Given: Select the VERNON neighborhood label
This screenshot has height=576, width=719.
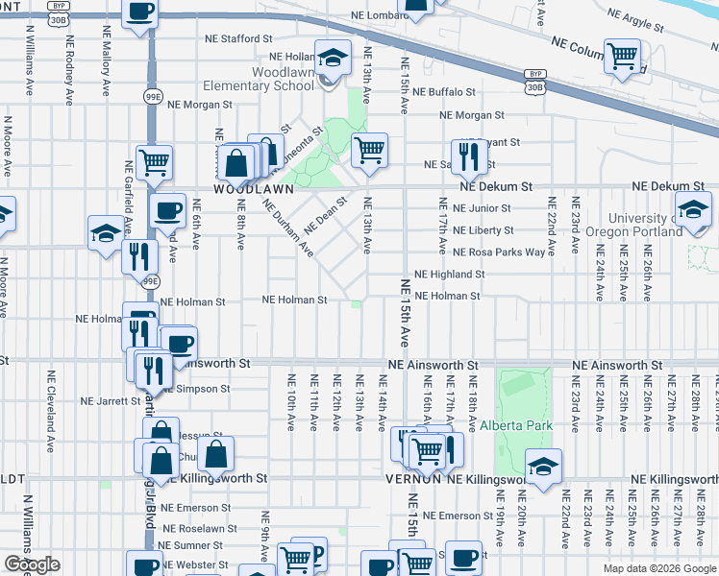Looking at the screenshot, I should pyautogui.click(x=412, y=478).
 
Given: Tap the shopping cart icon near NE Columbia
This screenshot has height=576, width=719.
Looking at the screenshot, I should pyautogui.click(x=622, y=55).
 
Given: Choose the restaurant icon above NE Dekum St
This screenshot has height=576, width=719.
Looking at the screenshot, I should pyautogui.click(x=469, y=157).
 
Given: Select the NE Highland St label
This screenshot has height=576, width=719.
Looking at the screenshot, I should pyautogui.click(x=449, y=275).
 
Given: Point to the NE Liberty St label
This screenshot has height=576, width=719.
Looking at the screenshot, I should pyautogui.click(x=483, y=230).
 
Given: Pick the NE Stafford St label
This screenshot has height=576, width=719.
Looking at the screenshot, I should pyautogui.click(x=239, y=39).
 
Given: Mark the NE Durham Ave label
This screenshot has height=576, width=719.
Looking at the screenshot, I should pyautogui.click(x=287, y=228).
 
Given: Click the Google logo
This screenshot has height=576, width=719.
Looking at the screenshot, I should pyautogui.click(x=32, y=564).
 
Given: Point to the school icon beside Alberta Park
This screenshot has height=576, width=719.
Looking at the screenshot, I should pyautogui.click(x=544, y=468).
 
